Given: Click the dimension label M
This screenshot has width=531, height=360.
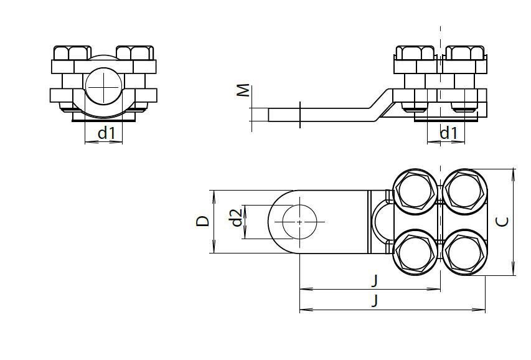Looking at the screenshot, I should click(x=244, y=90).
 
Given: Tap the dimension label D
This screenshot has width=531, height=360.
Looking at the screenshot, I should click(x=203, y=221).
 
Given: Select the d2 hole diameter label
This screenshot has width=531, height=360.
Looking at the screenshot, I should click(x=235, y=219).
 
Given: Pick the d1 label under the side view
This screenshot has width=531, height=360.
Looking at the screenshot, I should click(x=448, y=132).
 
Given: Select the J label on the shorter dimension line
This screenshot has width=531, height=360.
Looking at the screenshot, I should click(x=375, y=280).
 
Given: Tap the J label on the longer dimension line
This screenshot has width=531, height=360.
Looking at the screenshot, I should click(x=375, y=301).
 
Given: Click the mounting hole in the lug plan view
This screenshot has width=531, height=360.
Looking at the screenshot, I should click(x=299, y=221).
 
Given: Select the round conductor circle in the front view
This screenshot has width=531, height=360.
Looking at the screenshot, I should click(x=103, y=86).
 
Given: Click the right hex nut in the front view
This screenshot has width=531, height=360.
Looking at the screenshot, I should click(x=134, y=53).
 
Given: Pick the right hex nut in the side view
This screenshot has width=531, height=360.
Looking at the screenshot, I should click(x=466, y=52).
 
